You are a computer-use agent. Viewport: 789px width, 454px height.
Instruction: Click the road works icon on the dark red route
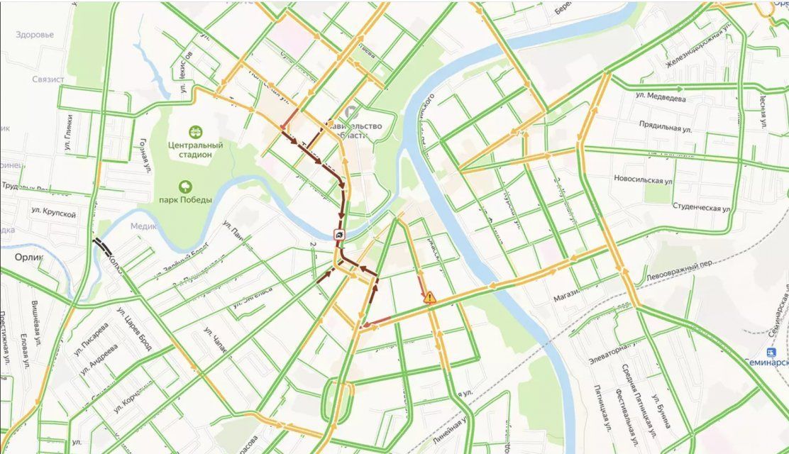pos(341,235)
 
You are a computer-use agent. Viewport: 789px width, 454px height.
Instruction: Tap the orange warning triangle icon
pos(429,298)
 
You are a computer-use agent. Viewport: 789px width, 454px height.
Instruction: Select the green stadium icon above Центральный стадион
pos(195,131)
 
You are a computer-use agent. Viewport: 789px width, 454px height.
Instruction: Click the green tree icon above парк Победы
pos(185,187)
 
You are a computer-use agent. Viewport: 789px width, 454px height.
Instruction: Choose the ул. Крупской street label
pos(53,211)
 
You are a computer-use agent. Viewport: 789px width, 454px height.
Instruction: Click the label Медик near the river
pos(144,226)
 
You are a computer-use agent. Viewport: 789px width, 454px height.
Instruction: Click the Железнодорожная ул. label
pos(695,51)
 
